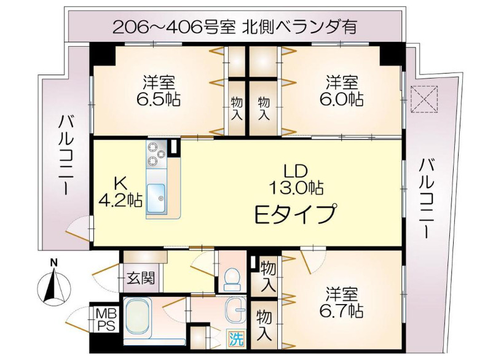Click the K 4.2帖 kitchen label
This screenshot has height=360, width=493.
(x=120, y=192)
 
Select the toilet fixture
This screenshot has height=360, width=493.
(x=232, y=279)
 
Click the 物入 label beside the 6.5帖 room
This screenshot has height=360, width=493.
(x=237, y=108)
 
